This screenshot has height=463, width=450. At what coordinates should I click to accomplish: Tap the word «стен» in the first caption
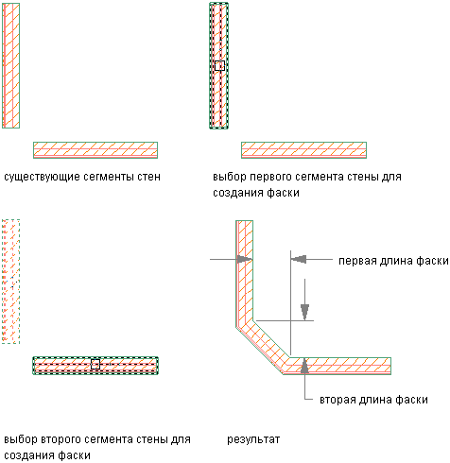pos(148,177)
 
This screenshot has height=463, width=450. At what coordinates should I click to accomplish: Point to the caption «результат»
pos(253,439)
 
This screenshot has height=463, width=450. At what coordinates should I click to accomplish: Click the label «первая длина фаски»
pos(393,261)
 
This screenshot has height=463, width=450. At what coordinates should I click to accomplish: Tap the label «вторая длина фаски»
pos(373,400)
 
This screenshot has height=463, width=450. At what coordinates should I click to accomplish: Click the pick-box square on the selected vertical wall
pos(219,65)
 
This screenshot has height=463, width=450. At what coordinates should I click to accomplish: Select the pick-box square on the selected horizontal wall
pos(95,364)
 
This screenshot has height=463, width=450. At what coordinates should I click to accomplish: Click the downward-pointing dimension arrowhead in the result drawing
pos(304,312)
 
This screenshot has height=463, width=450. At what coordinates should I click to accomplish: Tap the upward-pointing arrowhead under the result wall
pos(304,366)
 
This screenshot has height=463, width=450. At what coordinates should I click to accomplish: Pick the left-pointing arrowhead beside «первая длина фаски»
pos(299,259)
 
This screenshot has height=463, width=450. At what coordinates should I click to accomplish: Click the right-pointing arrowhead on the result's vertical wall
pos(245,260)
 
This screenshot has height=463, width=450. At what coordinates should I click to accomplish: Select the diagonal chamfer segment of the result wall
pos(263,347)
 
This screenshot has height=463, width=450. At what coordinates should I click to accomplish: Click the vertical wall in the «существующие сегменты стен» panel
pos(11,65)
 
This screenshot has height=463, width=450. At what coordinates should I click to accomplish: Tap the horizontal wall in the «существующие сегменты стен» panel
pos(95,150)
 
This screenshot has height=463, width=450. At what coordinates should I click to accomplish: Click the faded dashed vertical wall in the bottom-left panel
pos(11,282)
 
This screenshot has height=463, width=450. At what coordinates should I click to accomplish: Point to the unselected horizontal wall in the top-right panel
pos(303,150)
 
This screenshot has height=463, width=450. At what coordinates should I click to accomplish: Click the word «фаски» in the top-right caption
pos(283,193)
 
